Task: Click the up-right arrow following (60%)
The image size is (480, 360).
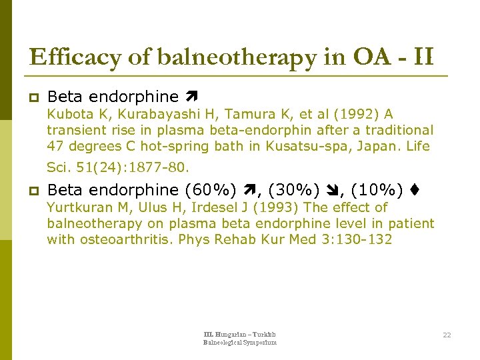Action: pyautogui.click(x=250, y=191)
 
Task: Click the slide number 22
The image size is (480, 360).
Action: pyautogui.click(x=446, y=335)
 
